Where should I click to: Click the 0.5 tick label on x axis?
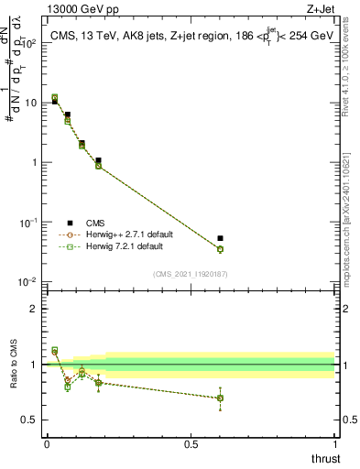coord(191,444)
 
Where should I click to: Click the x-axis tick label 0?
coord(47,444)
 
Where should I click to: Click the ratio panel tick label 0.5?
coord(32,420)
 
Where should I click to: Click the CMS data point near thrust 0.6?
coord(220,238)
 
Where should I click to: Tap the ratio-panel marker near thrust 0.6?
coord(220,398)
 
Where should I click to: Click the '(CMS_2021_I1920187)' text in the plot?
coord(191,272)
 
